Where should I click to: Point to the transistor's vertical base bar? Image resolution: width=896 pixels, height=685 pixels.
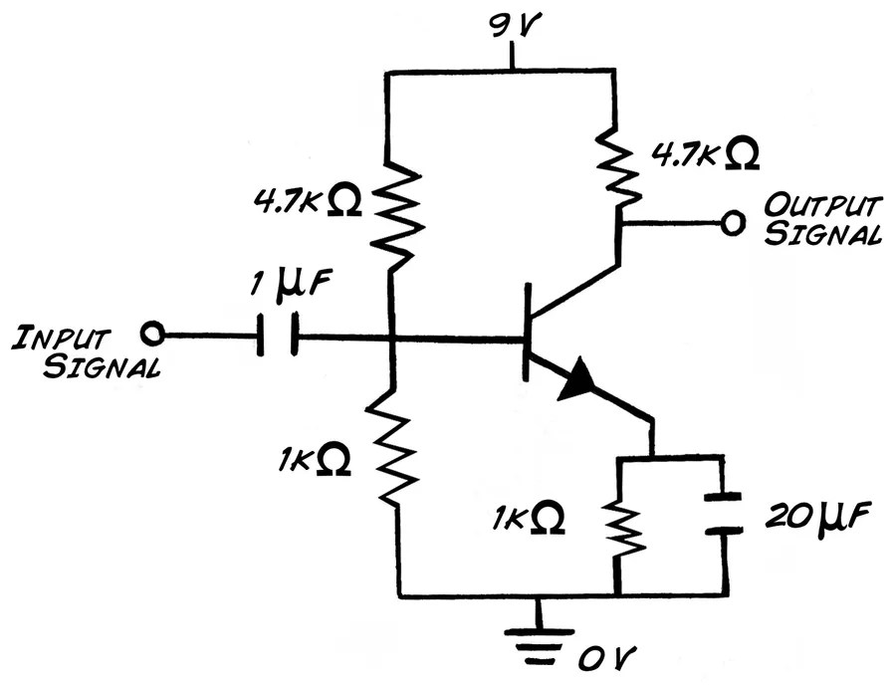(527, 331)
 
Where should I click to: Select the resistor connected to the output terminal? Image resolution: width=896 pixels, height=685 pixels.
(620, 159)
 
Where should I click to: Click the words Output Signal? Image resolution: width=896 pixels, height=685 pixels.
(822, 220)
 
